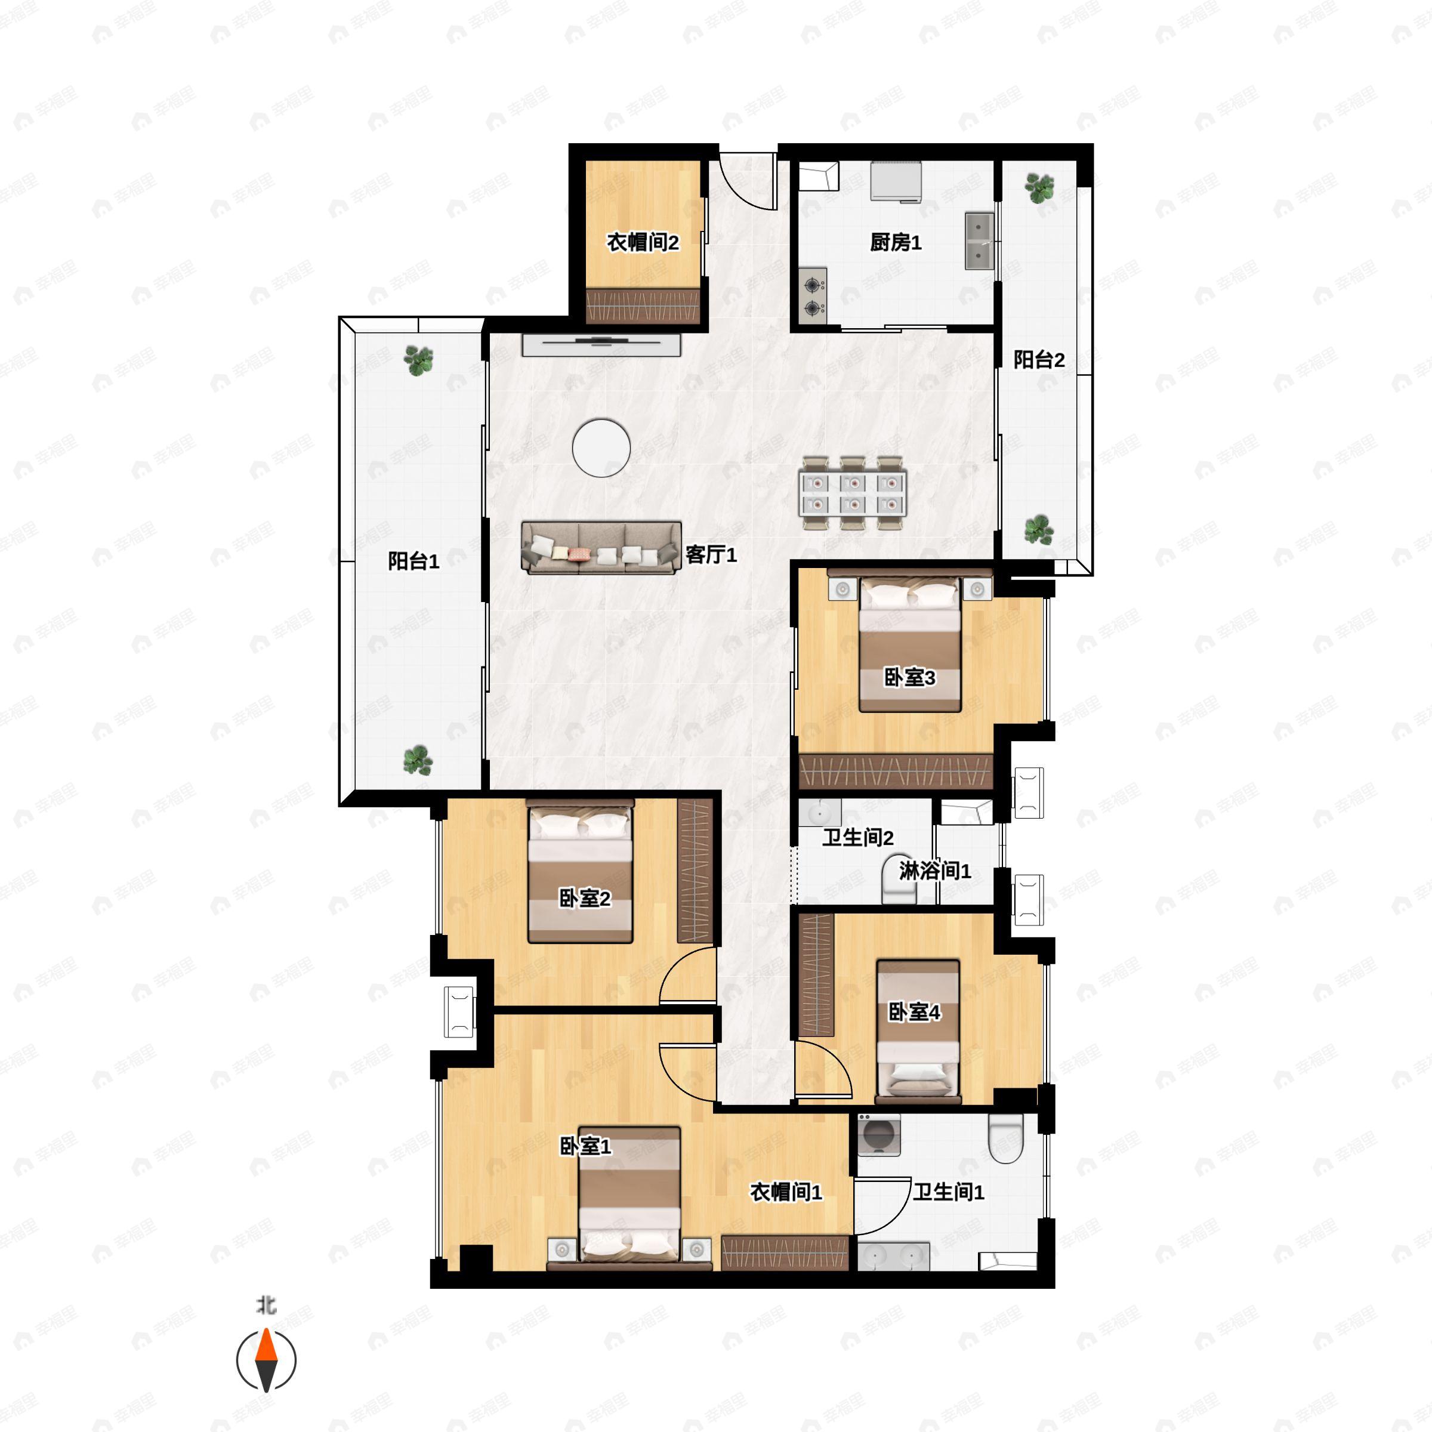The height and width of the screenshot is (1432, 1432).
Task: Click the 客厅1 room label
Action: pos(711,554)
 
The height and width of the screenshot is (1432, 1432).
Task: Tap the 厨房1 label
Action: pos(896,242)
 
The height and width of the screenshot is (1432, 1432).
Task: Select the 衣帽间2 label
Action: pos(643,242)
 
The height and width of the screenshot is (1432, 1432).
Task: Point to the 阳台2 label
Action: pos(1039,360)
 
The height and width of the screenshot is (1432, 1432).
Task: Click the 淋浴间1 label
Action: pos(934,871)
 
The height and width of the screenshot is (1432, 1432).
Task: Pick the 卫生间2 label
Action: pos(857,838)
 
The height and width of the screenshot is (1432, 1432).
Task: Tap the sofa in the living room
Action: pos(601,548)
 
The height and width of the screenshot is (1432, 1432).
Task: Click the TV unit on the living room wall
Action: pos(601,345)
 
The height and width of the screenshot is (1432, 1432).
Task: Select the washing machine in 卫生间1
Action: pos(879,1135)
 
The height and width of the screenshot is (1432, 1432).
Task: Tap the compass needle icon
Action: pos(266,1360)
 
